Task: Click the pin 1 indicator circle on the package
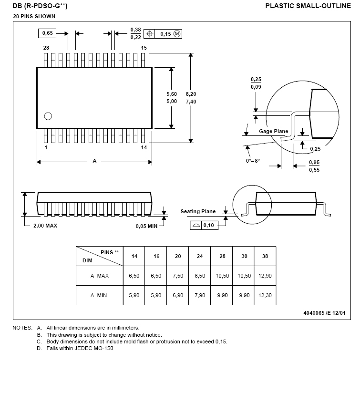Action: (48, 116)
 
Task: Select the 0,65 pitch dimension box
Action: (47, 33)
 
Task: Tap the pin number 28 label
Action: (46, 48)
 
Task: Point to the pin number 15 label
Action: (144, 48)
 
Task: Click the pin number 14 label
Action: (144, 148)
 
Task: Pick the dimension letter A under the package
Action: (94, 161)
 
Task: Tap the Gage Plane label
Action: (274, 131)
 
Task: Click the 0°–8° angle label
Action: (253, 161)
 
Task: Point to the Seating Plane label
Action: (198, 211)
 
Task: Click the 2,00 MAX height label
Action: (45, 226)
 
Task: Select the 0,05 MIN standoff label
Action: (146, 226)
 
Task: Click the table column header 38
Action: (265, 256)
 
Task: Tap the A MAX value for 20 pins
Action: (178, 276)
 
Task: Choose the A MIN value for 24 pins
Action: (200, 295)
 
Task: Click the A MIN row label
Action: (99, 295)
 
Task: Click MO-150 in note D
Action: (103, 348)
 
